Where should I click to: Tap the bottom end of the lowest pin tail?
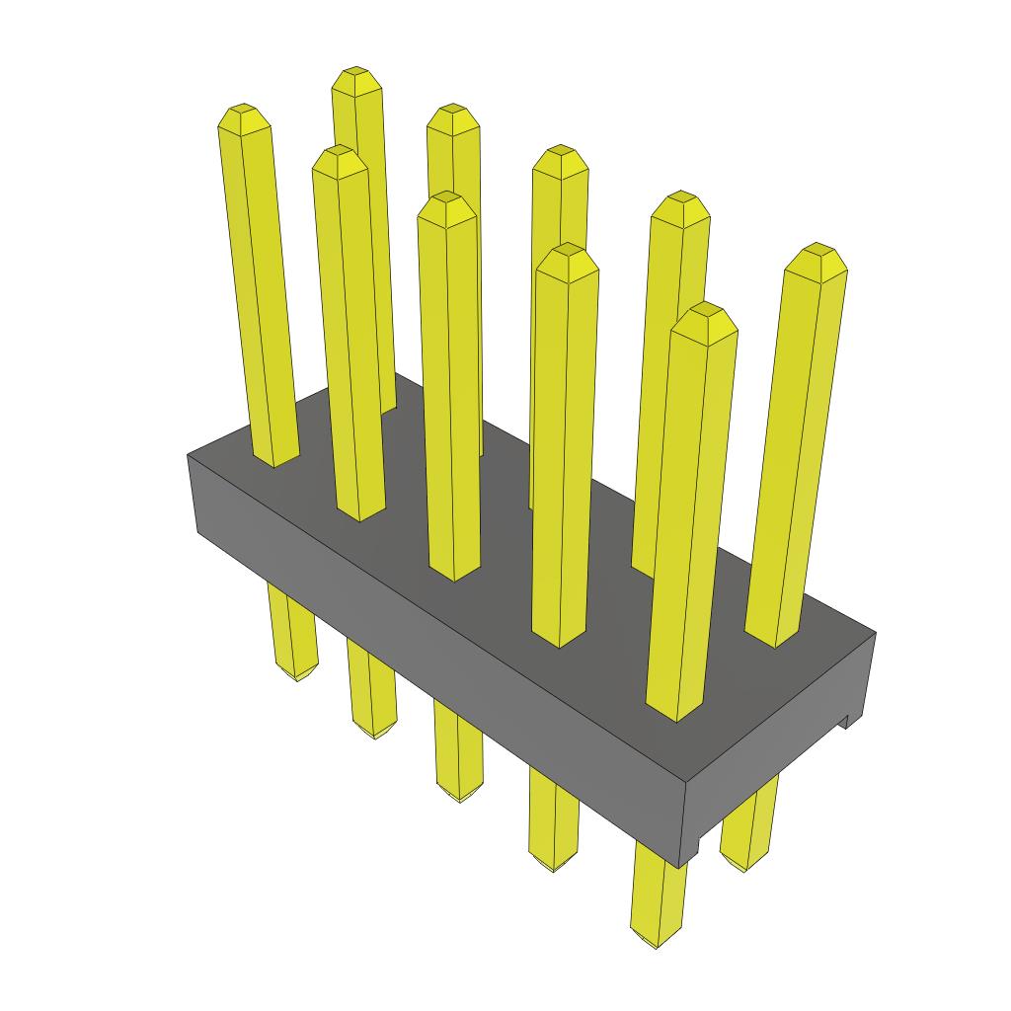click(x=657, y=943)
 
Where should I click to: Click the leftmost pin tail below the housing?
click(x=292, y=632)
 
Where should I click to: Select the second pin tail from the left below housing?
click(x=371, y=691)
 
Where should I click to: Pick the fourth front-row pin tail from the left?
click(x=552, y=819)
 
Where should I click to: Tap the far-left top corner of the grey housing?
click(x=189, y=455)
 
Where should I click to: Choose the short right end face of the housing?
click(x=780, y=750)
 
